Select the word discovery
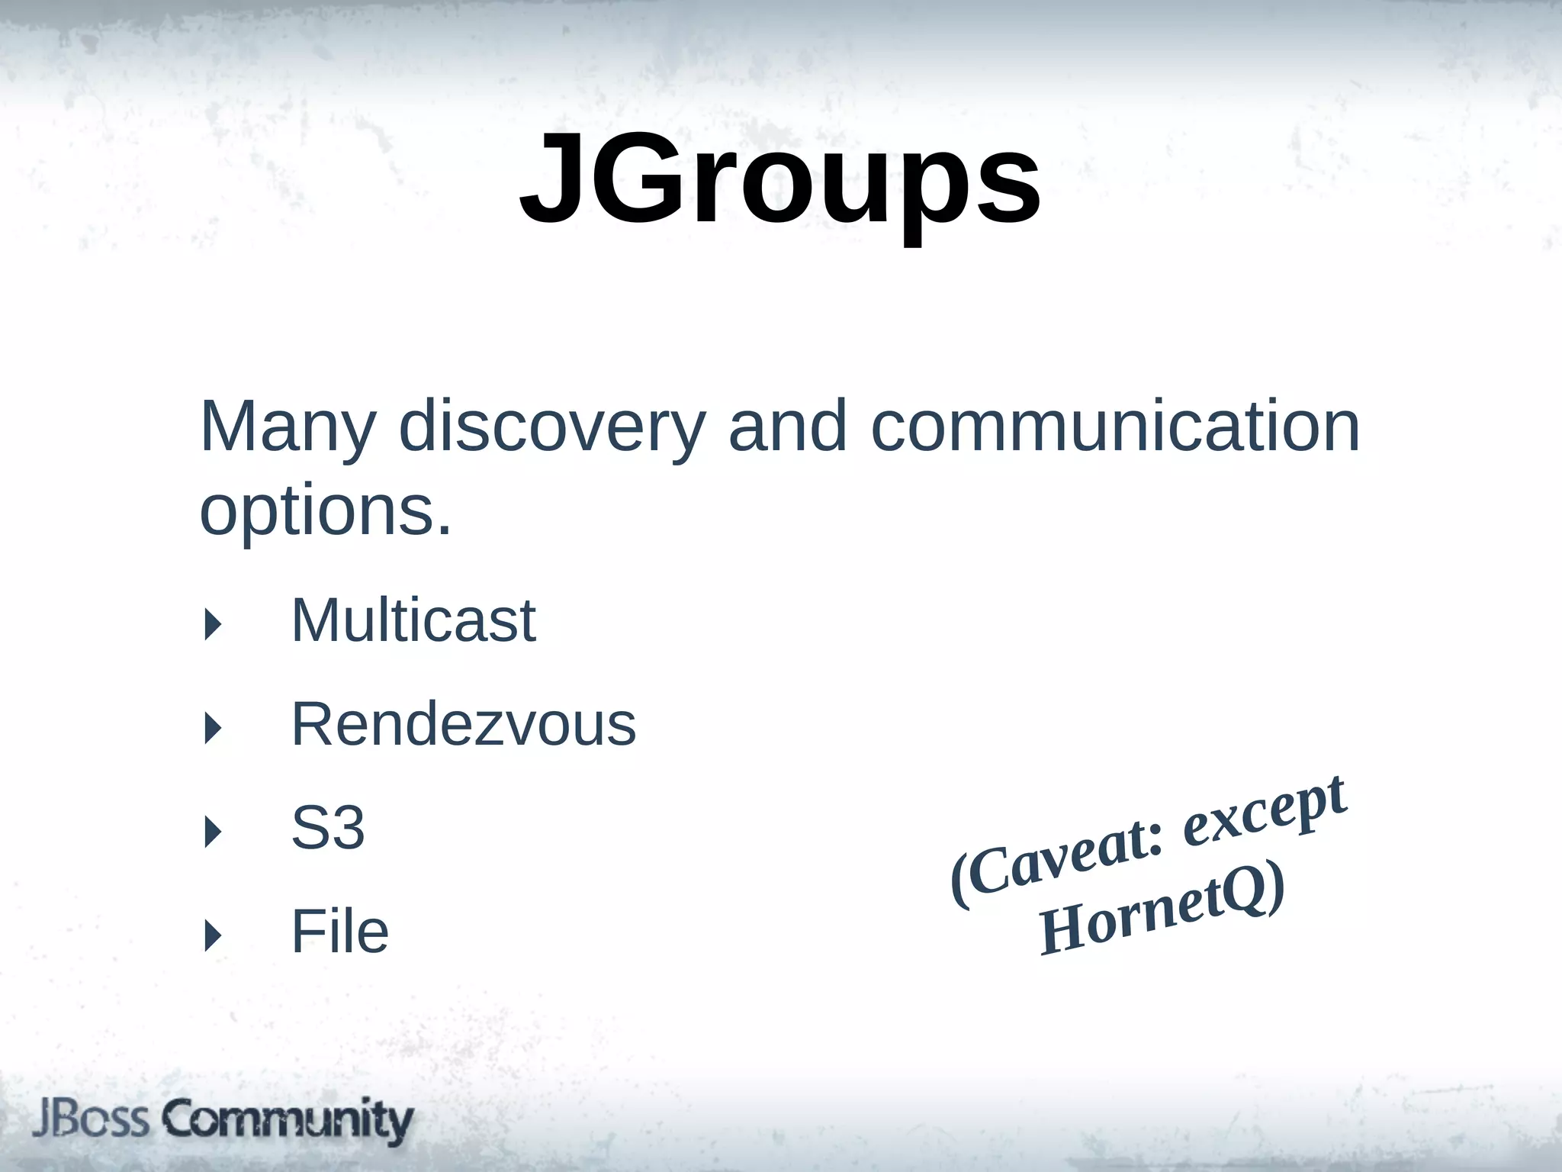click(x=551, y=427)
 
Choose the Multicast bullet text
click(x=413, y=620)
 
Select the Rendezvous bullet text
click(x=463, y=724)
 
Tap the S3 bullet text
click(x=328, y=828)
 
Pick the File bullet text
click(x=339, y=932)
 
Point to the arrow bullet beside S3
click(x=213, y=832)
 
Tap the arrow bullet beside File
click(x=213, y=935)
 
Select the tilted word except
click(x=1266, y=813)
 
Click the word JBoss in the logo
click(x=90, y=1120)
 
